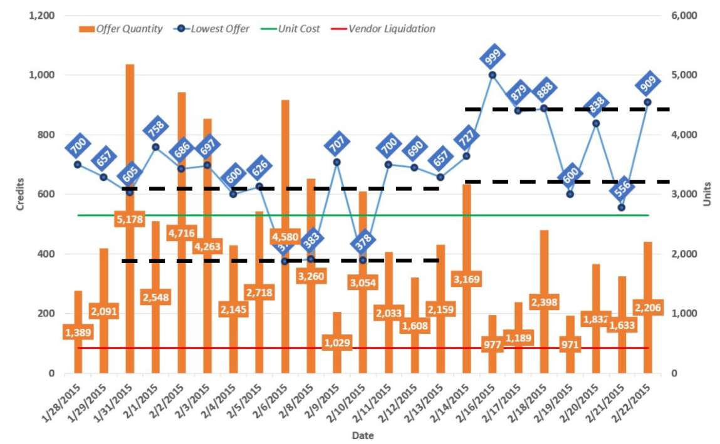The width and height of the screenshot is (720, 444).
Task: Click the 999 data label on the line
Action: click(x=493, y=58)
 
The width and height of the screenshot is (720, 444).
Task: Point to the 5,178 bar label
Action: click(x=130, y=220)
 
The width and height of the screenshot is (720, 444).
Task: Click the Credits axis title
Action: click(x=20, y=194)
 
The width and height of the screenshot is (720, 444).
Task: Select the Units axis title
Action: click(x=706, y=194)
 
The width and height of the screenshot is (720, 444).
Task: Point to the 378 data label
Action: click(x=363, y=240)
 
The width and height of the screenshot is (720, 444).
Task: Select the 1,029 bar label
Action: click(x=337, y=343)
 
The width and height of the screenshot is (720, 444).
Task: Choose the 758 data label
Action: click(x=155, y=130)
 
